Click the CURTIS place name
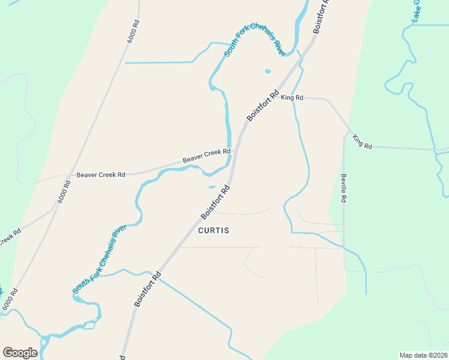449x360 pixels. (x=214, y=230)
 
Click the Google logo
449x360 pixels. (x=20, y=353)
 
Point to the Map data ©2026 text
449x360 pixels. (x=423, y=355)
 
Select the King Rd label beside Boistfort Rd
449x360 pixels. (x=292, y=97)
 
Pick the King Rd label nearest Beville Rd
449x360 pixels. (x=363, y=142)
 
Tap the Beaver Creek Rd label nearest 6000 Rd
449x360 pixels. (x=100, y=175)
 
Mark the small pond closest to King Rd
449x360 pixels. (x=268, y=71)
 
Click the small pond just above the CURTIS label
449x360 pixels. (x=212, y=187)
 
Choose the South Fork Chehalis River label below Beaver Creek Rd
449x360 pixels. (x=99, y=259)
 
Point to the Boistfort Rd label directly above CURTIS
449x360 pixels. (x=215, y=202)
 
